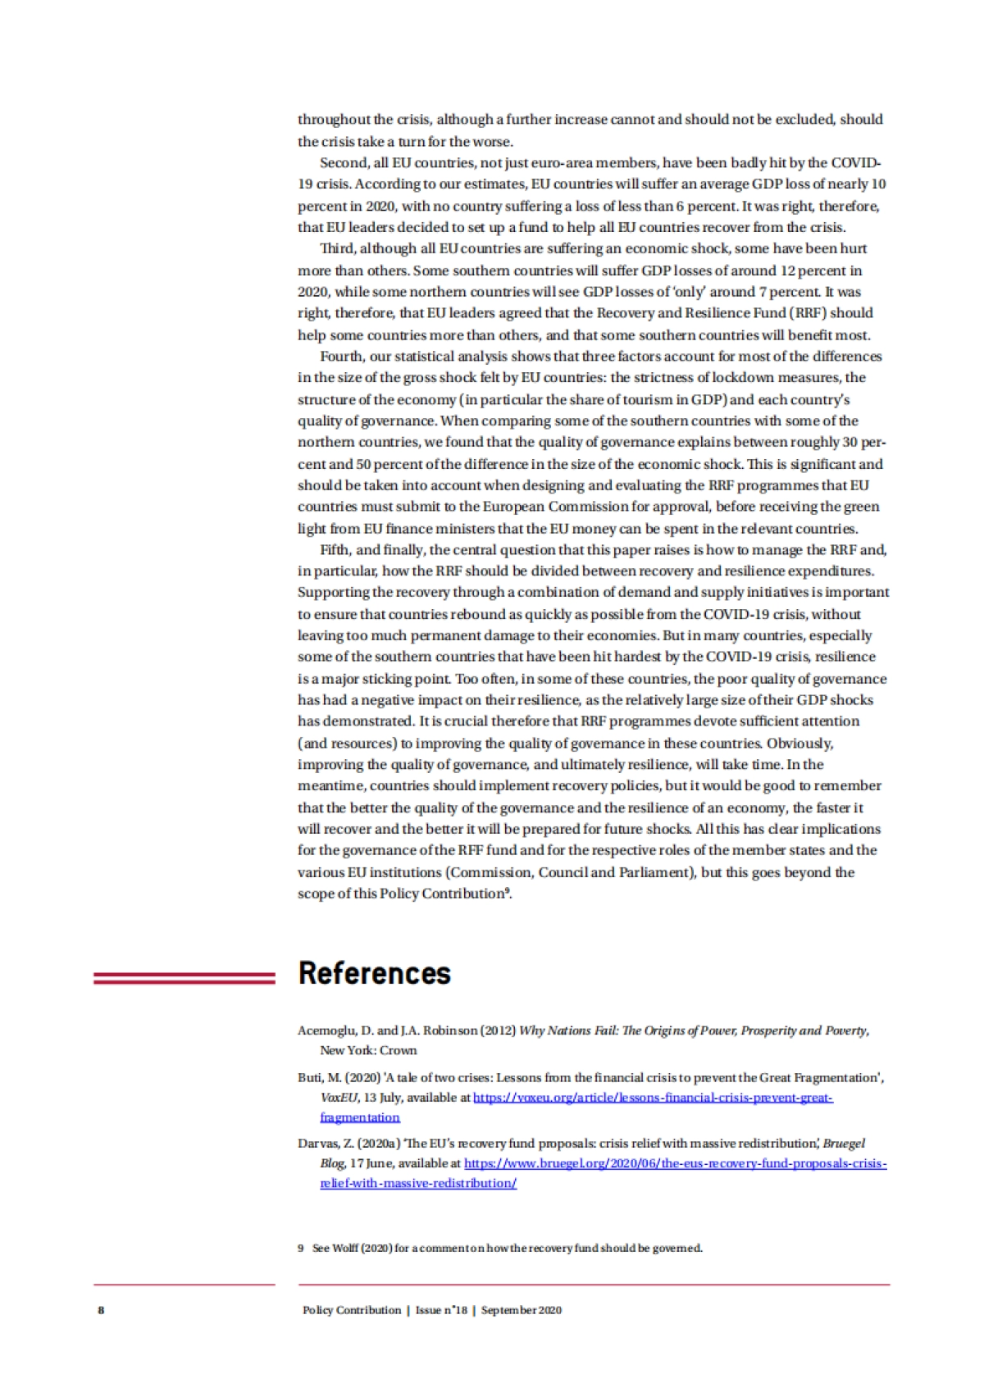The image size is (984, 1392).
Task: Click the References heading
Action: [375, 973]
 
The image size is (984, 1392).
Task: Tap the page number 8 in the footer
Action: [101, 1310]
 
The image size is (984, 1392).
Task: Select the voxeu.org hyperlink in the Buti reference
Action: [653, 1098]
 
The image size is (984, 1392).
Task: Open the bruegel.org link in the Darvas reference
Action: [675, 1163]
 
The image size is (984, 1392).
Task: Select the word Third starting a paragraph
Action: [337, 248]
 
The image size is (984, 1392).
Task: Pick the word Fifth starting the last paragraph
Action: [336, 549]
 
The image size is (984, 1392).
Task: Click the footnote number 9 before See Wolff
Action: [300, 1249]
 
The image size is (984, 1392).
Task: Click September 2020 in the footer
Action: [522, 1310]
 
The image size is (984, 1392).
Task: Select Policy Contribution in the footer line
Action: [352, 1310]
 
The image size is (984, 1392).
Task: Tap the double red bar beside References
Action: [184, 977]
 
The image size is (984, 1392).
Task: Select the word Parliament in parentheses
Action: [655, 872]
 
